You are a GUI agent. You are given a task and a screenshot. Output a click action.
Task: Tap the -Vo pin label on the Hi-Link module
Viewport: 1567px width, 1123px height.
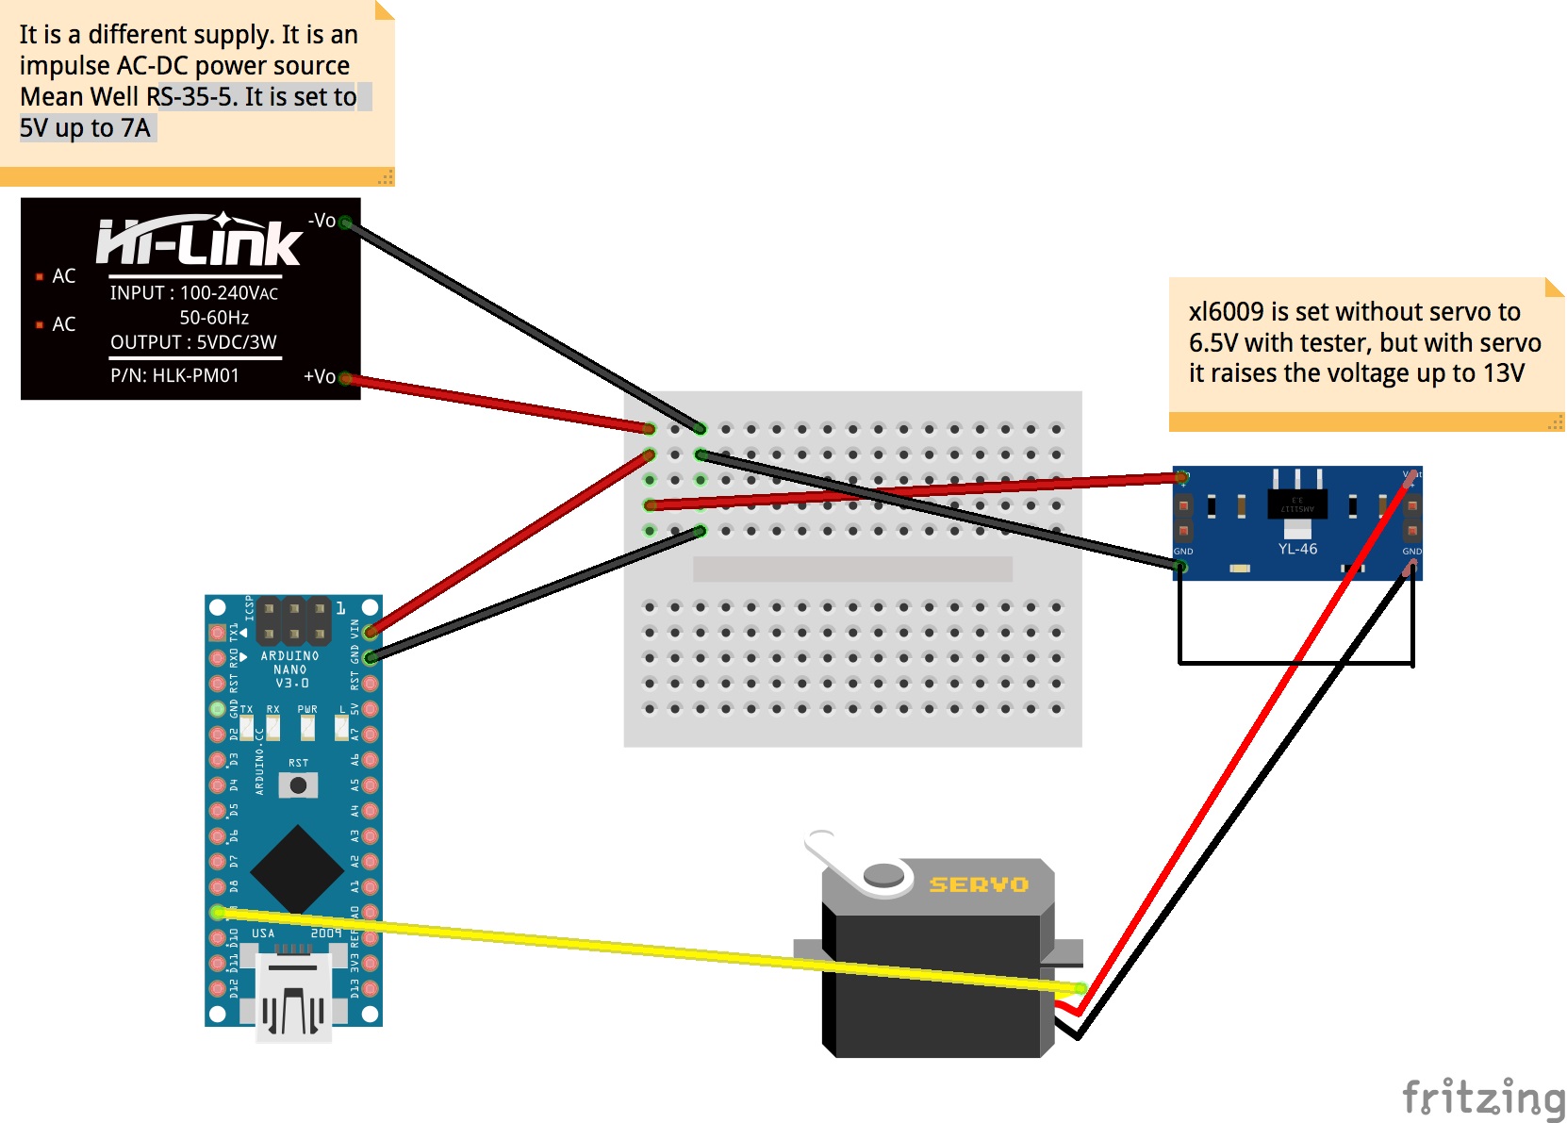322,221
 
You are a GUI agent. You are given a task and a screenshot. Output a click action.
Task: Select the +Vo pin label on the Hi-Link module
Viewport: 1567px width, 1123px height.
319,376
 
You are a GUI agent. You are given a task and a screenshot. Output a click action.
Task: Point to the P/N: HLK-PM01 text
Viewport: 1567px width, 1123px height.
174,375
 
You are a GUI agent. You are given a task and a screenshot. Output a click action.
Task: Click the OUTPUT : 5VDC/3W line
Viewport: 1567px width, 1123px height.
193,342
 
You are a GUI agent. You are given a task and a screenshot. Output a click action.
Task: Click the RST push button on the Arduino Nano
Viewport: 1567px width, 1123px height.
298,784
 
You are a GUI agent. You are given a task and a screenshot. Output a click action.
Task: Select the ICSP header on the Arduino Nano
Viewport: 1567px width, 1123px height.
293,621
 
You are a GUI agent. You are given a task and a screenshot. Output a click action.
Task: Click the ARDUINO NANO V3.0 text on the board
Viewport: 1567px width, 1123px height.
290,669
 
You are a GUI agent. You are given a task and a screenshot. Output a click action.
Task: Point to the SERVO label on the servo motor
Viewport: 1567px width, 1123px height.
979,884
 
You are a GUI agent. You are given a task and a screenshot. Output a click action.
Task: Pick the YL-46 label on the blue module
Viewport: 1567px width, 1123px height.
1297,549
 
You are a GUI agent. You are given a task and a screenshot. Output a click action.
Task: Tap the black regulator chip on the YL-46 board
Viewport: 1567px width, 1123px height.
1297,504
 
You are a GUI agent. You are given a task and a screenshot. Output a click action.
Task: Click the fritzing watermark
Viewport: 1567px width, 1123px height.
1483,1098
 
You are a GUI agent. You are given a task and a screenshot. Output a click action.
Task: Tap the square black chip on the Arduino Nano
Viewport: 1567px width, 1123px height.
297,870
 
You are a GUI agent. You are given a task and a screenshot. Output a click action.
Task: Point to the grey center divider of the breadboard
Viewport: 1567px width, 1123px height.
852,569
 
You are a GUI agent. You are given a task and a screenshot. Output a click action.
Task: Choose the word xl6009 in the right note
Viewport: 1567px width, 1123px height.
1226,312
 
